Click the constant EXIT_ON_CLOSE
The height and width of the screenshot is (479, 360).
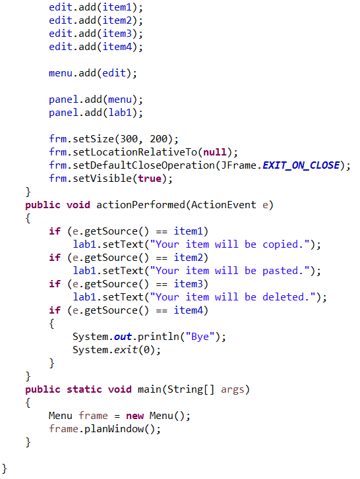tap(301, 165)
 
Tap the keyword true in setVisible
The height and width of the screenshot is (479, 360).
tap(150, 179)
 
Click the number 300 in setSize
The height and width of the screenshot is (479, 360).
tap(129, 139)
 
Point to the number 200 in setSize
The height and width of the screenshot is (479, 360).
tap(159, 139)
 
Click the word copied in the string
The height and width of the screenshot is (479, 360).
tap(280, 244)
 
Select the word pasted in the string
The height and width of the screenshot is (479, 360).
tap(280, 271)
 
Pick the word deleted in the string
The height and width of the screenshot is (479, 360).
tap(284, 297)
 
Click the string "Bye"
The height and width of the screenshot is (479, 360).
tap(200, 337)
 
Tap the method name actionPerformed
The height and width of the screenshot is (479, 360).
tap(140, 205)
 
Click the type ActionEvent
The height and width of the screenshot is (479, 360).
tap(224, 205)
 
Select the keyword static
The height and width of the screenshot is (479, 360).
tap(84, 389)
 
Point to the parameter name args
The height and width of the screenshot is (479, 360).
tap(233, 390)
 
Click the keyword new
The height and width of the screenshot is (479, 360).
tap(135, 416)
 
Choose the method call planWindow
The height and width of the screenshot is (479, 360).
tap(114, 429)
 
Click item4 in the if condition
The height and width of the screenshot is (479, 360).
tap(189, 310)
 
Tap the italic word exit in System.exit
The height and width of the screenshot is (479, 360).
tap(125, 350)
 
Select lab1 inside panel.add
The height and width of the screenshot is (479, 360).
tap(120, 113)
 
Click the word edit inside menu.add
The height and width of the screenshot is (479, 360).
tap(114, 73)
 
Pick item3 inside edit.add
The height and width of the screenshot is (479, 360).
tap(117, 34)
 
